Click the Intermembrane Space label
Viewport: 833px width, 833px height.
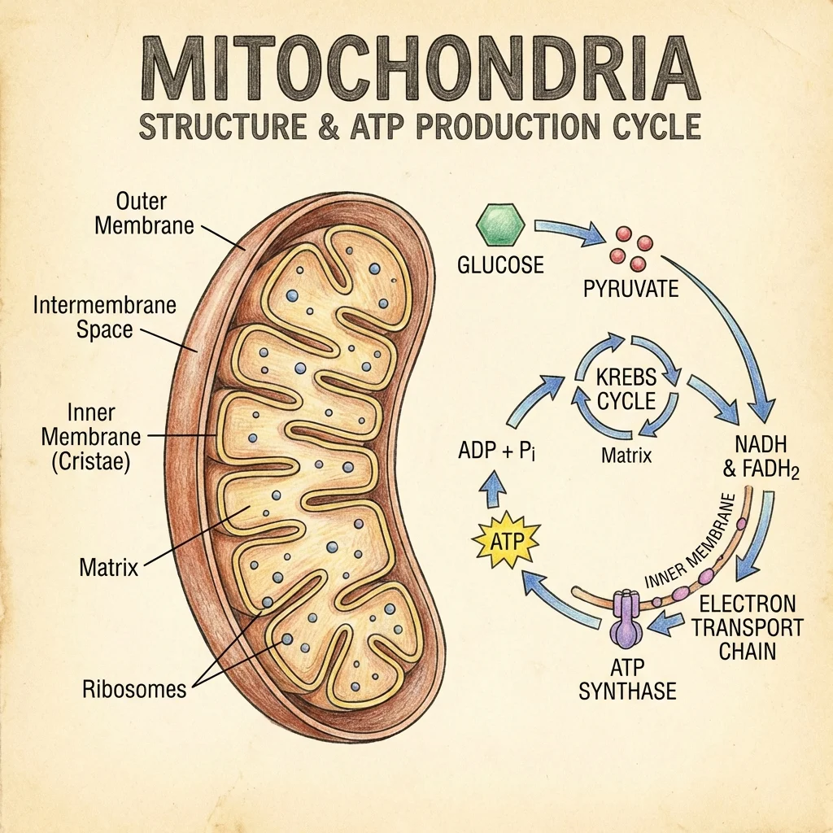pos(104,318)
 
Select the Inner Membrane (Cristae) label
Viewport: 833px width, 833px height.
pos(91,437)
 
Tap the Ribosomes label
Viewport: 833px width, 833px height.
pos(134,690)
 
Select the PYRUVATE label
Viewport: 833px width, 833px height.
pos(631,288)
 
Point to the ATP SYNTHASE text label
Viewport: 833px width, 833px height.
pos(627,681)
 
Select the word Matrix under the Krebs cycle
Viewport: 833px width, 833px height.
pos(626,455)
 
